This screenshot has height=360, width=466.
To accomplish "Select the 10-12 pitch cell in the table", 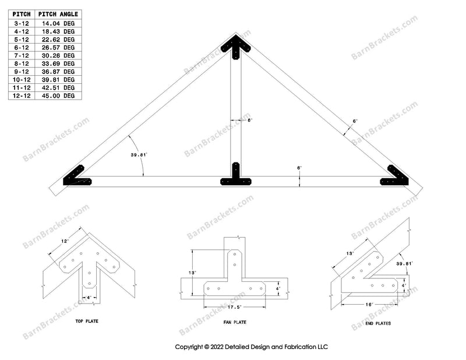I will click(22, 79).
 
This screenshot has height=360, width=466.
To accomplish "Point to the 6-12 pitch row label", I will click(22, 47).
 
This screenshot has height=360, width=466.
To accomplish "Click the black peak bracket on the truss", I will click(235, 45).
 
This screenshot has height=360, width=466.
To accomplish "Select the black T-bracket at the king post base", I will click(235, 177).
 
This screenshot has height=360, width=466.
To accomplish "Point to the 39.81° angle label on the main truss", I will click(140, 155).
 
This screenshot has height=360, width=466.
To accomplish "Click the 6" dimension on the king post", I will click(249, 120).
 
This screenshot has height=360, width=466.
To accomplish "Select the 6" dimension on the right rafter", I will click(355, 121).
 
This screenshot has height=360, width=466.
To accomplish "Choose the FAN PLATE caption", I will click(235, 322).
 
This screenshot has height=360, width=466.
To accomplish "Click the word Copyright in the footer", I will click(193, 346).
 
